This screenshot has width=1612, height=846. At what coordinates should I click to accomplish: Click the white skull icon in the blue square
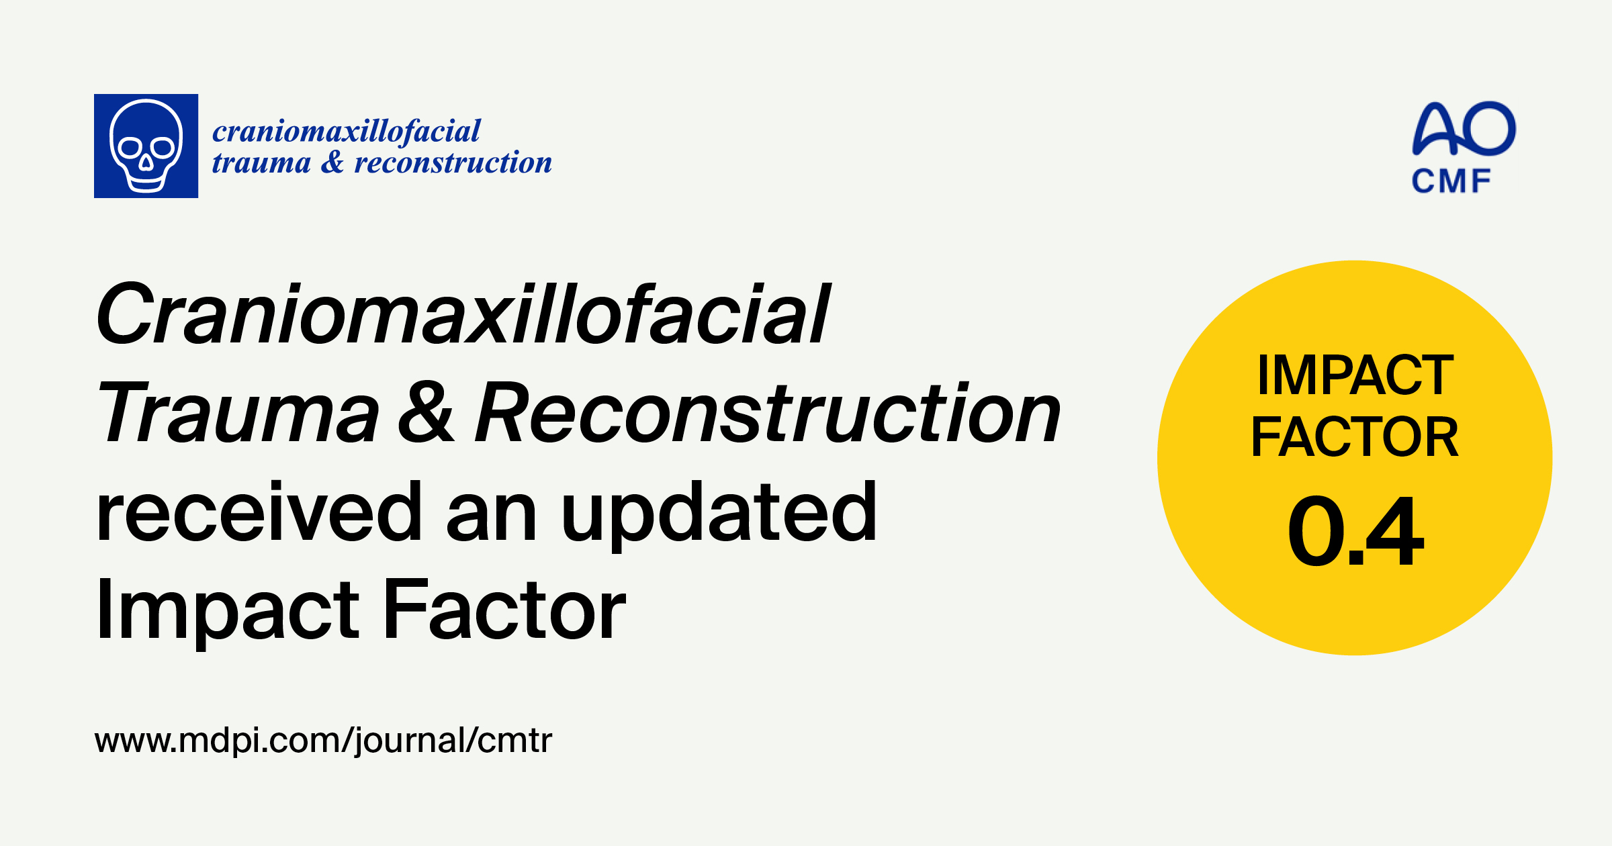[146, 146]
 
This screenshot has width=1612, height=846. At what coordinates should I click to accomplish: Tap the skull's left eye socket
[130, 146]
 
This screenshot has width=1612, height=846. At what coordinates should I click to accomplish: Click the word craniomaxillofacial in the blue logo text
[347, 131]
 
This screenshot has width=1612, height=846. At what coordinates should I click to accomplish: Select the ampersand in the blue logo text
[332, 162]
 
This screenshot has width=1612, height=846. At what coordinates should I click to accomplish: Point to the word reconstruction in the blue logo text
[453, 162]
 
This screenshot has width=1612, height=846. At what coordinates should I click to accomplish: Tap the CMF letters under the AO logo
[1451, 181]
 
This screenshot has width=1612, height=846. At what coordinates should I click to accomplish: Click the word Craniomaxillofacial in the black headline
[463, 314]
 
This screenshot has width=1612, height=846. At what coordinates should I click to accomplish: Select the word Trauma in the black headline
[238, 412]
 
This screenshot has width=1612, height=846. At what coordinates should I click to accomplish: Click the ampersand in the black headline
[426, 412]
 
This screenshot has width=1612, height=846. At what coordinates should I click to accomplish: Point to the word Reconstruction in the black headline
[768, 412]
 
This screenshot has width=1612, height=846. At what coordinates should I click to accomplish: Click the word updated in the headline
[719, 512]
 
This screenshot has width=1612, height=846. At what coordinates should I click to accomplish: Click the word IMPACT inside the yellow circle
[1355, 375]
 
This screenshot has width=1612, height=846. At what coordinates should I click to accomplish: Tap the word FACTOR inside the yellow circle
[1355, 437]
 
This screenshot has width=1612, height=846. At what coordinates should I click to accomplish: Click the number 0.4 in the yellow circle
[1355, 531]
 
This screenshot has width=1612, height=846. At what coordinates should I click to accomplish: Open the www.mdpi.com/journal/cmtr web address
[323, 740]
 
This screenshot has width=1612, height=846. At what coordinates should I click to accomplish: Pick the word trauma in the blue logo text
[261, 162]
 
